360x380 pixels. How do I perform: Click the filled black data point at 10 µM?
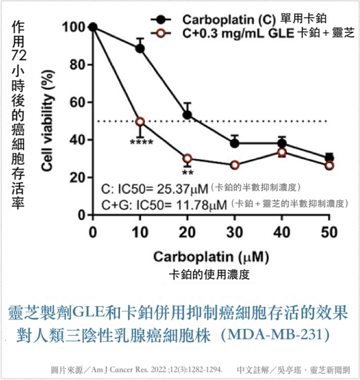click(140, 48)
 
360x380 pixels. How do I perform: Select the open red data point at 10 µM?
click(140, 122)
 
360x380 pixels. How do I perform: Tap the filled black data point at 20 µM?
click(187, 115)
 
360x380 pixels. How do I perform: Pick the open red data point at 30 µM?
click(235, 165)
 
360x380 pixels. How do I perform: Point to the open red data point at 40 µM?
click(282, 152)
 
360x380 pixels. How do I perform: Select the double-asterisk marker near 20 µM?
click(188, 173)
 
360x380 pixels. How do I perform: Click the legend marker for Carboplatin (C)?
click(161, 20)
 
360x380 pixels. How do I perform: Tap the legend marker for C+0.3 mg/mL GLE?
click(161, 33)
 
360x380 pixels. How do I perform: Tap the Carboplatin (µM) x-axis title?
click(211, 257)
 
